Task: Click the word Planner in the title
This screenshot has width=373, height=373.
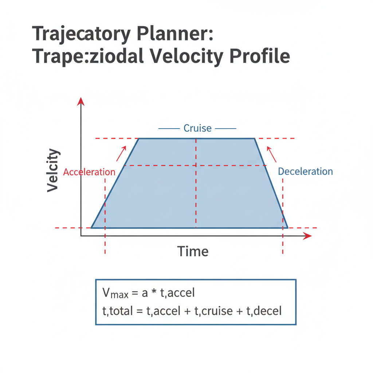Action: (175, 34)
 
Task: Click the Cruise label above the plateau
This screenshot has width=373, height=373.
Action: (197, 128)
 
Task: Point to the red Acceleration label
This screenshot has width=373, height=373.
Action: (89, 172)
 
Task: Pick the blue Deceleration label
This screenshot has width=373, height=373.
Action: (306, 172)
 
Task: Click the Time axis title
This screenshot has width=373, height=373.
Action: (193, 251)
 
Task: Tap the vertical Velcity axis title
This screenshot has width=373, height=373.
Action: (52, 170)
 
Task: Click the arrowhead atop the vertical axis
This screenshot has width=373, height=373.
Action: (81, 101)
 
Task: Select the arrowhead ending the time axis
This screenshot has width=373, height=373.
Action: (307, 236)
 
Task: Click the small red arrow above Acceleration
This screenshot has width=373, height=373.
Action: (121, 154)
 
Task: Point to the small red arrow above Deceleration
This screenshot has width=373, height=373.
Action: (272, 154)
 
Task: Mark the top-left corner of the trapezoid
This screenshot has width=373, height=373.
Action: (139, 138)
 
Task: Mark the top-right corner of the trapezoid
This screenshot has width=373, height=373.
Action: (255, 138)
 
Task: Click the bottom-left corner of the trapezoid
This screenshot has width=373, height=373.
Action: (91, 228)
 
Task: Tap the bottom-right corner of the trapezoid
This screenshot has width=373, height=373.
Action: (288, 228)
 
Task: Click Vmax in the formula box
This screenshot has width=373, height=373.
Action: (115, 293)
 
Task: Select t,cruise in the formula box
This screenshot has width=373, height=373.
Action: (213, 311)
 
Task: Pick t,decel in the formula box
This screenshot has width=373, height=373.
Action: (264, 311)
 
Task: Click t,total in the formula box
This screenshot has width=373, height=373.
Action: (118, 311)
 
